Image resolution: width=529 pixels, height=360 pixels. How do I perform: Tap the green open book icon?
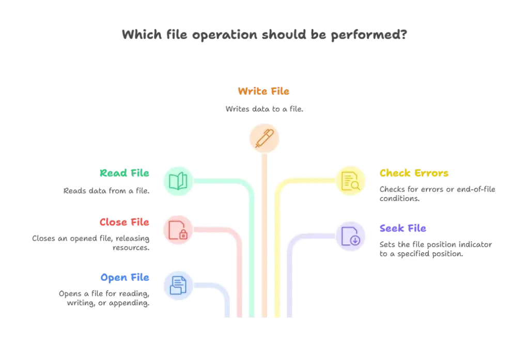point(178,181)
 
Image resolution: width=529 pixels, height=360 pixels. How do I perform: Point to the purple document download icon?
point(350,236)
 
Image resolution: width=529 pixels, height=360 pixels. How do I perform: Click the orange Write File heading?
point(264,92)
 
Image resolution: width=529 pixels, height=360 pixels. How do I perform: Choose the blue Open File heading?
point(125,278)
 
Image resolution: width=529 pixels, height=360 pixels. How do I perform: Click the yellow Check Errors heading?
point(414,173)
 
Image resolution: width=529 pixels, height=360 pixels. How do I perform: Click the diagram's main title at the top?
point(264,36)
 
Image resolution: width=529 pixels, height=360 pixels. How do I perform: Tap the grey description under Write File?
point(264,110)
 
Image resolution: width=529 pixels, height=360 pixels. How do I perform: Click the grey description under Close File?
point(91,243)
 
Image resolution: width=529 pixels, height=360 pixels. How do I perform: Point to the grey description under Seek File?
point(437,249)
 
